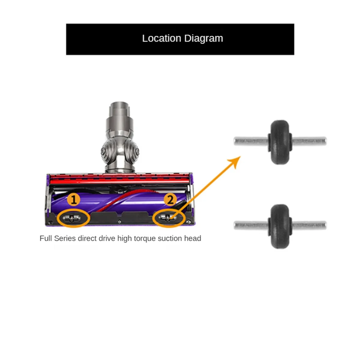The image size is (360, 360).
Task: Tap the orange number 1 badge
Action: click(x=73, y=199)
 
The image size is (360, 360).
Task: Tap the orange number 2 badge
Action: click(x=170, y=199)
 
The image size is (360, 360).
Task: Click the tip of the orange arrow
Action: click(x=240, y=157)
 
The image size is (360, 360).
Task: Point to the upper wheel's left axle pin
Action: click(x=250, y=141)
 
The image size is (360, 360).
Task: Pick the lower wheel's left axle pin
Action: click(x=250, y=225)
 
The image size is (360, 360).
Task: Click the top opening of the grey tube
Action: click(x=120, y=105)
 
